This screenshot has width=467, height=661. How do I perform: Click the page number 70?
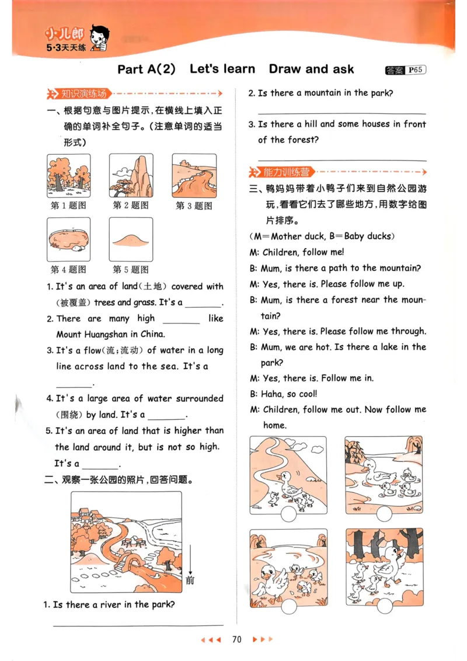pos(236,639)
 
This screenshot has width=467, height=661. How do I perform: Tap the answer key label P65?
pos(416,70)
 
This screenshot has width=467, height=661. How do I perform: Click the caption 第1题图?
pos(68,206)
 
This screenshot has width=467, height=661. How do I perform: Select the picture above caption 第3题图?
pos(194,176)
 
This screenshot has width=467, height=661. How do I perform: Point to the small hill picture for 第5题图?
pos(131,239)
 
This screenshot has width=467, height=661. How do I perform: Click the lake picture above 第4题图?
pos(68,239)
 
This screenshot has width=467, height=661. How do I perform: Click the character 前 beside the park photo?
pos(190,580)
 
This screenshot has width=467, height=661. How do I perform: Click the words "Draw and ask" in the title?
pos(311,69)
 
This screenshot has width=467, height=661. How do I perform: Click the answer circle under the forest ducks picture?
pos(384,606)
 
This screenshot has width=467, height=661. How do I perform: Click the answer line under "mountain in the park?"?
pos(341,113)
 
